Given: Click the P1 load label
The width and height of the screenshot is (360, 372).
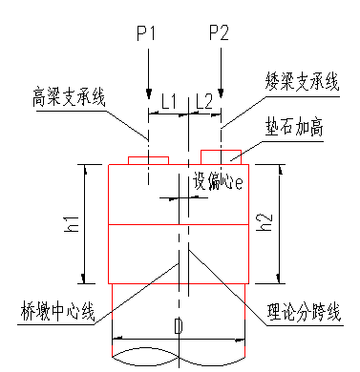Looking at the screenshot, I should click(x=146, y=34).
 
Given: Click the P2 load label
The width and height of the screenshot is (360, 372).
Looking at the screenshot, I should click(x=219, y=34).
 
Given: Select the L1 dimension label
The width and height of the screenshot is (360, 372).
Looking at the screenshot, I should click(x=168, y=100).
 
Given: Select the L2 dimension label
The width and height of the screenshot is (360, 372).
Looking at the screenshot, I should click(x=203, y=100).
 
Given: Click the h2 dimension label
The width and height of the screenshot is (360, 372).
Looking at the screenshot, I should click(x=268, y=225).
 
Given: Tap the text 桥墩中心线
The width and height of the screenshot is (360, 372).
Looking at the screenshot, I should click(x=57, y=311).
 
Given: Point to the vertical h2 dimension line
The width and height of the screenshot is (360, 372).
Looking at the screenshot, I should click(x=281, y=224).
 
